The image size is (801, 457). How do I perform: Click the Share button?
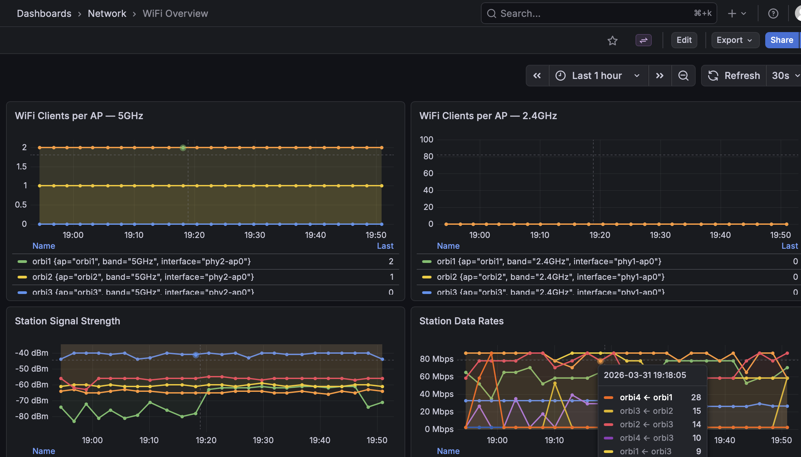coord(781,40)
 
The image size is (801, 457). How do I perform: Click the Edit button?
coord(684,40)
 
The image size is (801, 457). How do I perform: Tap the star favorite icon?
coord(612,41)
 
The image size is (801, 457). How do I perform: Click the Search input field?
coord(594,14)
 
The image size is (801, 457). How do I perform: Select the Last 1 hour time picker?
coord(597,76)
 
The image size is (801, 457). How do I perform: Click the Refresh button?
coord(734,76)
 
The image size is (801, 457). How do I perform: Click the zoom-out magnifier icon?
coord(683,76)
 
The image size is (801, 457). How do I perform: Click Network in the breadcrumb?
coord(107,14)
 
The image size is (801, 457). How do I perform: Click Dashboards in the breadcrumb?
coord(44,14)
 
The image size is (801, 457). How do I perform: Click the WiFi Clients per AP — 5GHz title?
coord(79,116)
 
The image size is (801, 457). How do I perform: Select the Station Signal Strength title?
coord(68,321)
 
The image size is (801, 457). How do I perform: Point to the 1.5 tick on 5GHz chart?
coord(22,166)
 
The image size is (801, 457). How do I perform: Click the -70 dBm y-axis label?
coord(32,401)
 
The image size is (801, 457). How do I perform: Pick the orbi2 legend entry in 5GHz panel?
coord(143,277)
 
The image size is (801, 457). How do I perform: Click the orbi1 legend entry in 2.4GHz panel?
coord(549,262)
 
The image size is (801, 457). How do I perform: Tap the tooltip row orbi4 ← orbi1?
coord(646,398)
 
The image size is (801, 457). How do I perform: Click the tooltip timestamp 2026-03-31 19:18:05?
coord(645,375)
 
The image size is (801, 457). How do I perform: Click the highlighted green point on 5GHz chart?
coord(183,148)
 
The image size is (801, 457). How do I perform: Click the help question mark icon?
coord(773,14)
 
